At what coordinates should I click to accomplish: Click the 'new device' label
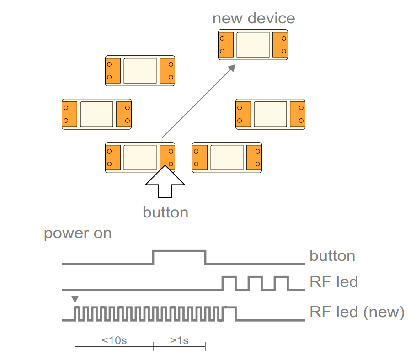point(254,19)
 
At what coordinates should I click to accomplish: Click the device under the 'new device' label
point(253,44)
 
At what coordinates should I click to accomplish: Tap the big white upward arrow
point(165,182)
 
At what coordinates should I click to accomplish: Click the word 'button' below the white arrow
point(165,212)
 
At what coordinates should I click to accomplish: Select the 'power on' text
point(78,233)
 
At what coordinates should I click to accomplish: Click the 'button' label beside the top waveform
point(332,255)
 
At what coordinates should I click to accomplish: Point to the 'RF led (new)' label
point(357,312)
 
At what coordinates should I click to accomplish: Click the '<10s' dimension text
point(114,341)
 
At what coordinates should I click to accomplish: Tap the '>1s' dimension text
point(179,341)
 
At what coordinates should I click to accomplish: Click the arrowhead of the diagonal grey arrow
point(232,68)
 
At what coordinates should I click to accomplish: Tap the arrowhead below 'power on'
point(75,299)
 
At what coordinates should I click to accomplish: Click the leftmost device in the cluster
point(96,114)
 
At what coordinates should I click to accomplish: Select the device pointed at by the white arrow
point(140,157)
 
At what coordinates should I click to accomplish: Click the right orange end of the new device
point(280,44)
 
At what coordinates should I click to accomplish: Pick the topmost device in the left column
point(140,70)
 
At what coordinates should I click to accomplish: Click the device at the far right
point(270,114)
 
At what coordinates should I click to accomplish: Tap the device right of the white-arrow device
point(227,157)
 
